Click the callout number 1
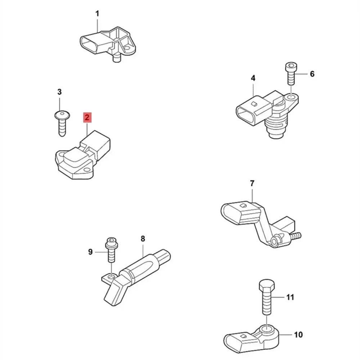97,14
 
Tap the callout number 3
60,92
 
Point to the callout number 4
253,78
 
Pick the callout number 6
312,74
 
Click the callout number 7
252,184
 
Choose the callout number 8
143,238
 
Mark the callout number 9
90,252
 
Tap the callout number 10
298,335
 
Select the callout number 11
290,297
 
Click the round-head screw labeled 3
61,124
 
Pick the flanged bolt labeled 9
111,250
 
